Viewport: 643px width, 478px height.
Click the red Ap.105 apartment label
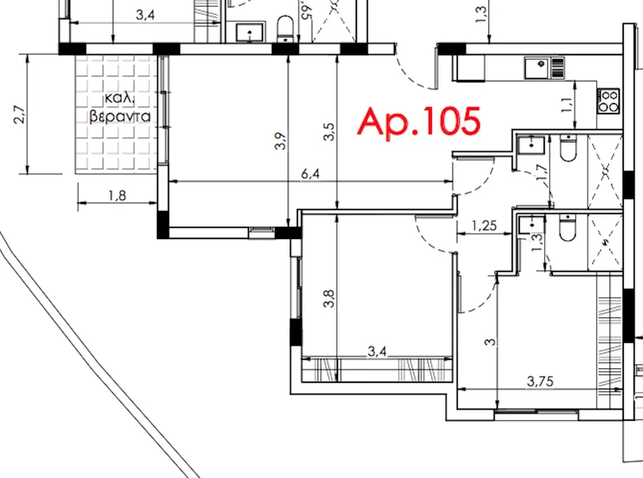(418, 121)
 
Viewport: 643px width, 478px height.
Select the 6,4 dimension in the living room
(311, 175)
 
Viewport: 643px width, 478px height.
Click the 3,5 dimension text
(330, 132)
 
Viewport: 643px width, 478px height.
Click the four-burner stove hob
(609, 101)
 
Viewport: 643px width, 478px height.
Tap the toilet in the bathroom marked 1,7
(567, 151)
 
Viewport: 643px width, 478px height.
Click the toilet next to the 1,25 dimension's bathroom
(566, 228)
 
